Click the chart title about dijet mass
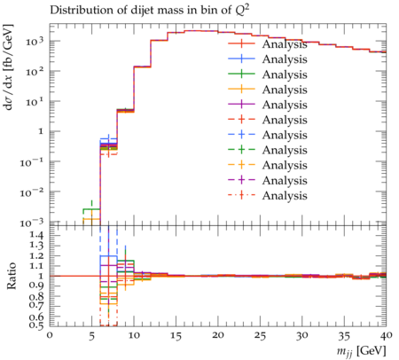151,10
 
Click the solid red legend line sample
241,43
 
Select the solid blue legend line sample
241,59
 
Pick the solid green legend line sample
241,74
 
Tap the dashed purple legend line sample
241,180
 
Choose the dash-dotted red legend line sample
241,195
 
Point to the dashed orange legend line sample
241,165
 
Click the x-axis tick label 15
176,336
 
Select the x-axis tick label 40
386,336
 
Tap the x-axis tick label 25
260,336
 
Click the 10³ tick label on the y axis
35,42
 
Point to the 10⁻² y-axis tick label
32,192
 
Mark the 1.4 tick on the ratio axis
37,236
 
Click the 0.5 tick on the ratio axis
37,325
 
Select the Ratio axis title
12,276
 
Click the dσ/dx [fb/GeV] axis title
10,67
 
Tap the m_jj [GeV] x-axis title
362,351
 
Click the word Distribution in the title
77,10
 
